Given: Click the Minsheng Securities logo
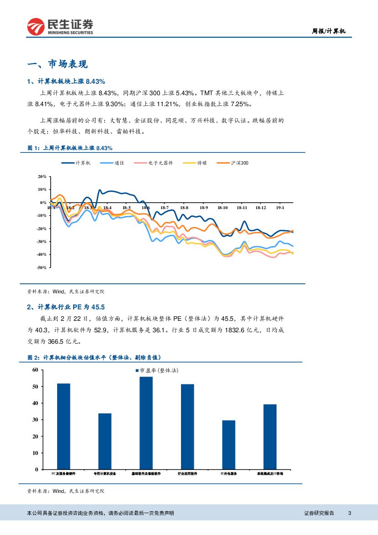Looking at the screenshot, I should pos(60,26).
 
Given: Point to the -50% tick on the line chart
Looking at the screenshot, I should pos(42,267).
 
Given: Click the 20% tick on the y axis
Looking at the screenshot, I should pos(42,176).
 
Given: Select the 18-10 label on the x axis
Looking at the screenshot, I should pos(223,208).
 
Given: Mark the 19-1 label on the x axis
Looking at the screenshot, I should pos(280,208).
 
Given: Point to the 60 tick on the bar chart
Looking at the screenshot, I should pos(35,370).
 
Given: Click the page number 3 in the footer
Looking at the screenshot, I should pos(349,513).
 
